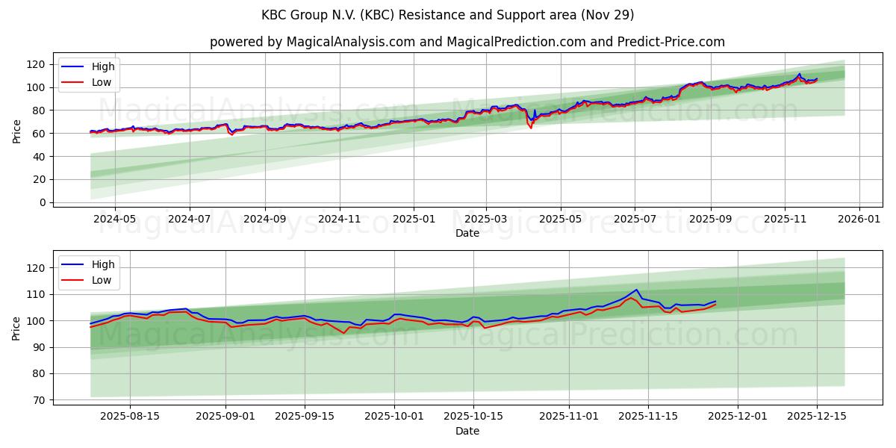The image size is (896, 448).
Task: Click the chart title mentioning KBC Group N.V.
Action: click(447, 15)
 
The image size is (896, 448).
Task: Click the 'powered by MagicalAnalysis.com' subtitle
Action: click(467, 42)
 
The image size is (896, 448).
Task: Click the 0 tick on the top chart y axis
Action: click(43, 202)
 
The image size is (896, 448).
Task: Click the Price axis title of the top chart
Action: click(17, 131)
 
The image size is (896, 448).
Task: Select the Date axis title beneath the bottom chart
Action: click(467, 431)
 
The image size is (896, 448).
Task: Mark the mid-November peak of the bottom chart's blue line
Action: click(636, 290)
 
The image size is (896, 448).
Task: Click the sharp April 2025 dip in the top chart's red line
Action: click(531, 128)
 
